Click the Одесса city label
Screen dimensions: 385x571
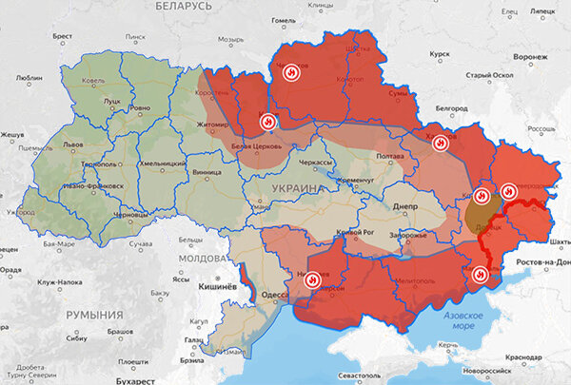[x=277, y=297]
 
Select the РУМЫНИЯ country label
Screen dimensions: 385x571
[x=94, y=315]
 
